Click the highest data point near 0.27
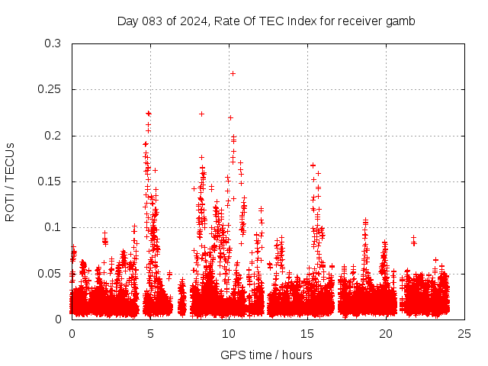233,73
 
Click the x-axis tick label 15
307,333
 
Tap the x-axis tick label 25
464,333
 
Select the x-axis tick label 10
229,333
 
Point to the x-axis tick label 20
386,333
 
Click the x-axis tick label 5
150,333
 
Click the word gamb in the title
401,21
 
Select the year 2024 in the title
194,21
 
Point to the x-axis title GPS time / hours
266,355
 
